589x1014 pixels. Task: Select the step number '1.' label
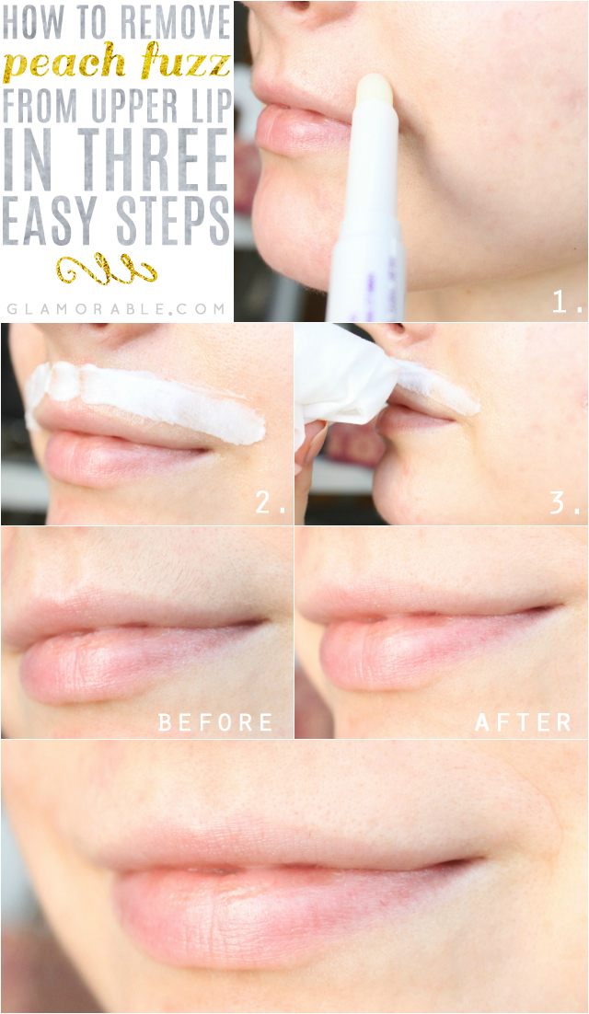click(x=567, y=303)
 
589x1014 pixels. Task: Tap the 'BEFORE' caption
click(x=215, y=722)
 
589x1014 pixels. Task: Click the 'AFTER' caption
click(x=523, y=722)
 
